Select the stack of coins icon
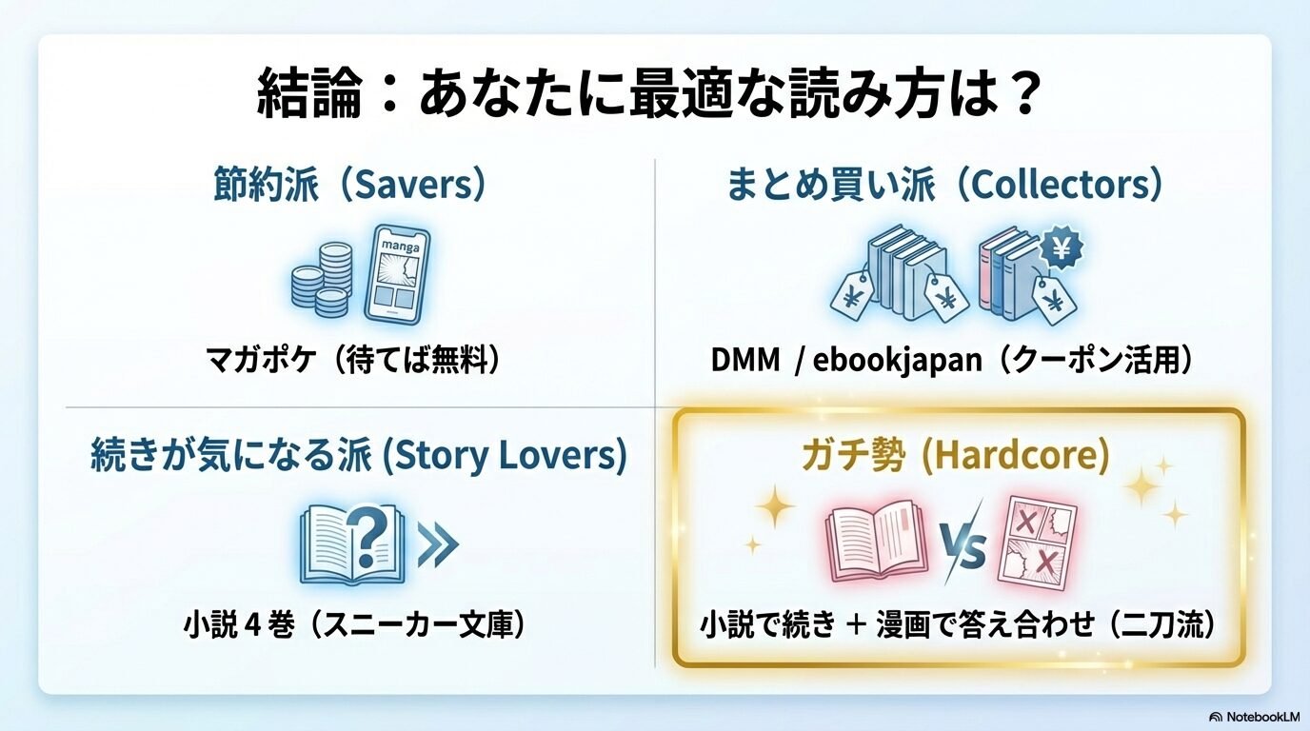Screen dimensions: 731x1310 coord(322,279)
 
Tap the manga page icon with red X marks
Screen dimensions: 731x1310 coord(1037,544)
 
